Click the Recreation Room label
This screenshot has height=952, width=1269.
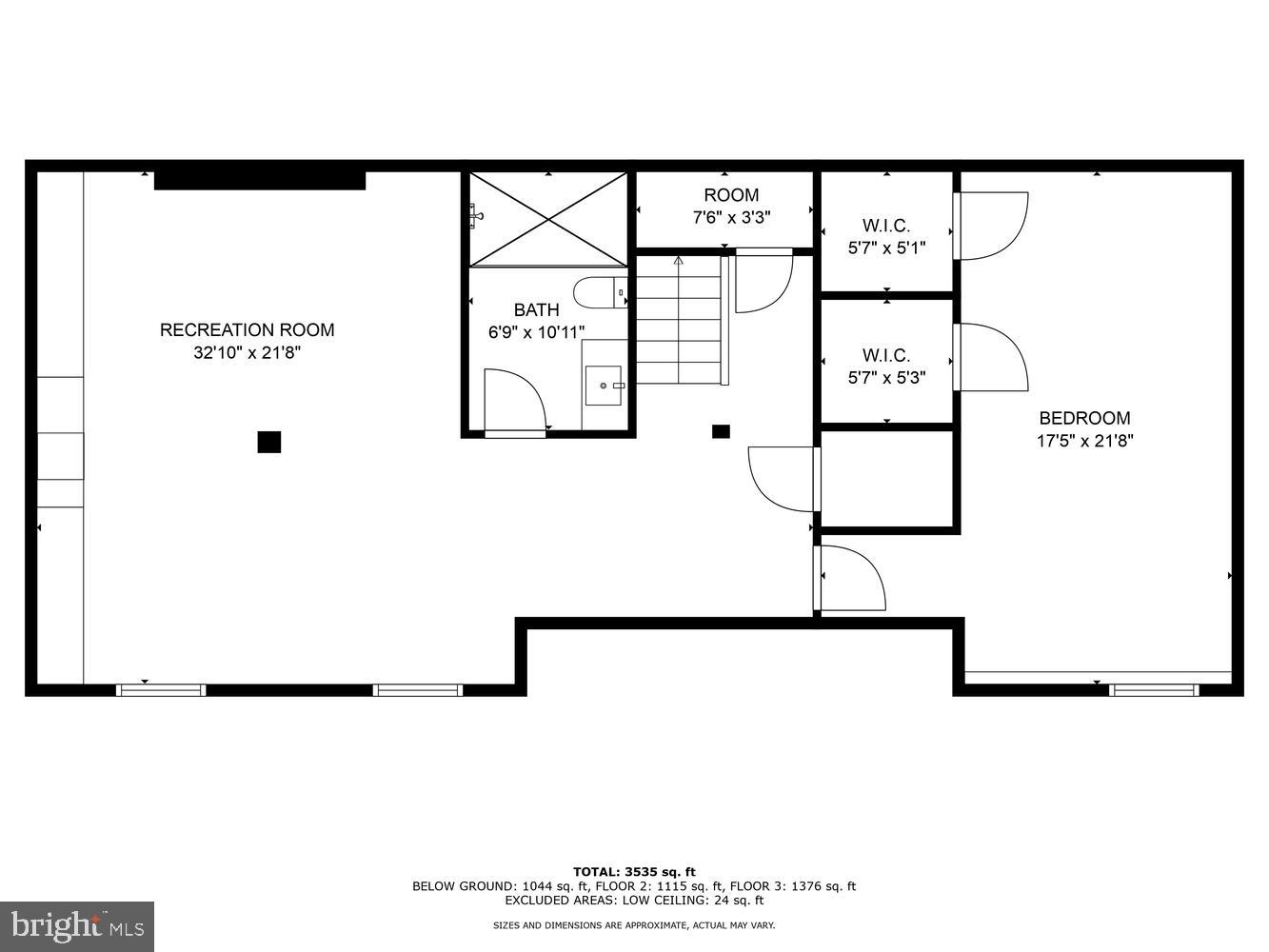coord(247,330)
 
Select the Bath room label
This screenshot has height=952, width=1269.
coord(536,310)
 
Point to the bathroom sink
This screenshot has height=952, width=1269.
coord(604,386)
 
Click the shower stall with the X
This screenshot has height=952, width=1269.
coord(548,219)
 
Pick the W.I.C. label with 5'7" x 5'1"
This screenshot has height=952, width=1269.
coord(886,237)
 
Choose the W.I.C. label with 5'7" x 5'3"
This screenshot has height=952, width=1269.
coord(886,367)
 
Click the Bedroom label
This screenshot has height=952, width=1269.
coord(1084,418)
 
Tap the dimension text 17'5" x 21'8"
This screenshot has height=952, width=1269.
coord(1084,441)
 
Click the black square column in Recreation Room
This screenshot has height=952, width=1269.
coord(269,442)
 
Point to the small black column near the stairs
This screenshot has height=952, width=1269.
coord(721,431)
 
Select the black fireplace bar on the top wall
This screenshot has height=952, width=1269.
coord(260,180)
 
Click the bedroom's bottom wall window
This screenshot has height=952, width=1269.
coord(1154,689)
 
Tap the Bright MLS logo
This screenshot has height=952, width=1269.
coord(77,925)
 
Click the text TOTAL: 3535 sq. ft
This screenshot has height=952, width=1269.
coord(634,871)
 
